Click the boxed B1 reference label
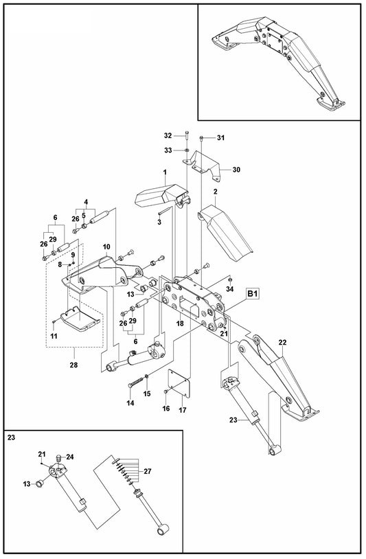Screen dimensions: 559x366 [x=252, y=294]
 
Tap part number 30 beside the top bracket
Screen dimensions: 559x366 [x=236, y=170]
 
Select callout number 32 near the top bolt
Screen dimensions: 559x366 [x=168, y=136]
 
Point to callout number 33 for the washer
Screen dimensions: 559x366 [x=168, y=150]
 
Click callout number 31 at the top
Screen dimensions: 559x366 [x=220, y=138]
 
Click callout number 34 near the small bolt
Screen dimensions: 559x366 [x=229, y=290]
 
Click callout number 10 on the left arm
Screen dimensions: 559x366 [x=106, y=246]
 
